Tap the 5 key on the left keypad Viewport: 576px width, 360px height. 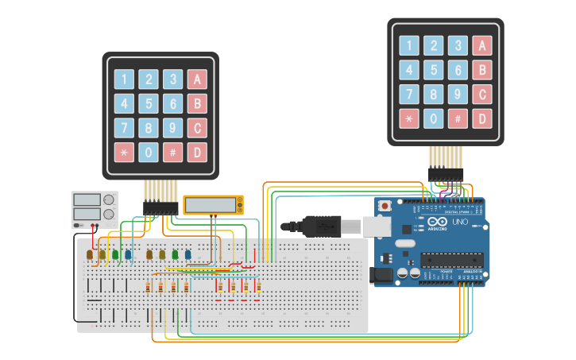point(149,103)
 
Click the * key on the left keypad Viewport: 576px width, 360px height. point(124,153)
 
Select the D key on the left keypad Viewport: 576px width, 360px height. point(197,153)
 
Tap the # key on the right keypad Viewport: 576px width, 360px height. point(458,119)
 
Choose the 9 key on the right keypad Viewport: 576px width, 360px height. point(458,95)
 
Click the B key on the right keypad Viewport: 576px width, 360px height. point(481,70)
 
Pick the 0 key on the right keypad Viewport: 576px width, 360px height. point(433,119)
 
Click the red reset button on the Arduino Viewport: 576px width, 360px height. point(385,206)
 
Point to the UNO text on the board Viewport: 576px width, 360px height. point(460,222)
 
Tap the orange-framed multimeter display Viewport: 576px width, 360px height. point(213,204)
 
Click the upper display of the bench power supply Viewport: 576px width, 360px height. point(87,199)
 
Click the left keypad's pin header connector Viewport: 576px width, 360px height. point(160,207)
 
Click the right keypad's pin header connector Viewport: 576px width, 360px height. point(446,173)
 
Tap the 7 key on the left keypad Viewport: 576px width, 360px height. point(124,128)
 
